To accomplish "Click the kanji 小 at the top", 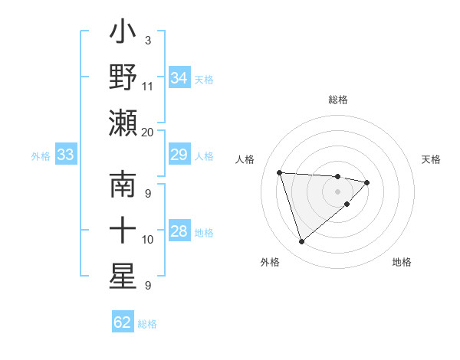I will coord(123,34).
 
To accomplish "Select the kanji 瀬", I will coord(123,122).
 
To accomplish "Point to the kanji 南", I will coord(123,186).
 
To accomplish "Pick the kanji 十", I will coord(123,230).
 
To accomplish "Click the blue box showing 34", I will coord(179,78).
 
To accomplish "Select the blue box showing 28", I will coord(179,231).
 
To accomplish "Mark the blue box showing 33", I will coord(65,155).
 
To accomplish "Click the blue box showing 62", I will coord(123,322).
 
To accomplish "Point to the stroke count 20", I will coord(148,132).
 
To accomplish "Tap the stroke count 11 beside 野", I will coord(148,86).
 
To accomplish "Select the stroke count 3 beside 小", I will coord(147,40).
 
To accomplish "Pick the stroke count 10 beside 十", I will coord(148,240).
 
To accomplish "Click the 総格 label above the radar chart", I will coord(338,100).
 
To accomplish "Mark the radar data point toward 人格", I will coord(280,172).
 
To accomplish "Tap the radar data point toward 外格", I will coord(301,242).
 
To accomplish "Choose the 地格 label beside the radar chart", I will coord(402,263).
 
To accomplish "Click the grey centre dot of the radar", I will coord(338,191).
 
